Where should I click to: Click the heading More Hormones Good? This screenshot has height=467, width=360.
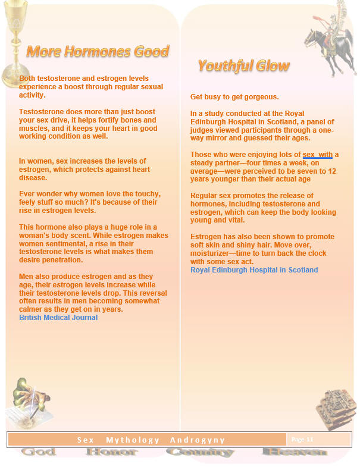tap(98, 52)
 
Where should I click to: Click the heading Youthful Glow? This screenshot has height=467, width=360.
tap(244, 65)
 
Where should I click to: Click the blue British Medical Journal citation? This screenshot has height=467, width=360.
tap(58, 318)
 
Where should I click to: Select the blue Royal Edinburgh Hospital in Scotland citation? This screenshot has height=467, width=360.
tap(254, 270)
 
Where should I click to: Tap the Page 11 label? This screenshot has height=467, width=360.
tap(302, 440)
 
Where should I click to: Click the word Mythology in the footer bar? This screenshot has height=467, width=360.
tap(133, 440)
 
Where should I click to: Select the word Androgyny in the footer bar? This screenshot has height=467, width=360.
tap(197, 440)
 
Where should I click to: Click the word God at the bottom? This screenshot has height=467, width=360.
tap(39, 452)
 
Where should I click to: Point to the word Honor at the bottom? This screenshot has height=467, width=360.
tap(111, 452)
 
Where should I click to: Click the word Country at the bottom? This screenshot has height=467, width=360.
tap(200, 452)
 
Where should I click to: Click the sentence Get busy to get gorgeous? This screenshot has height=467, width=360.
tap(226, 97)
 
